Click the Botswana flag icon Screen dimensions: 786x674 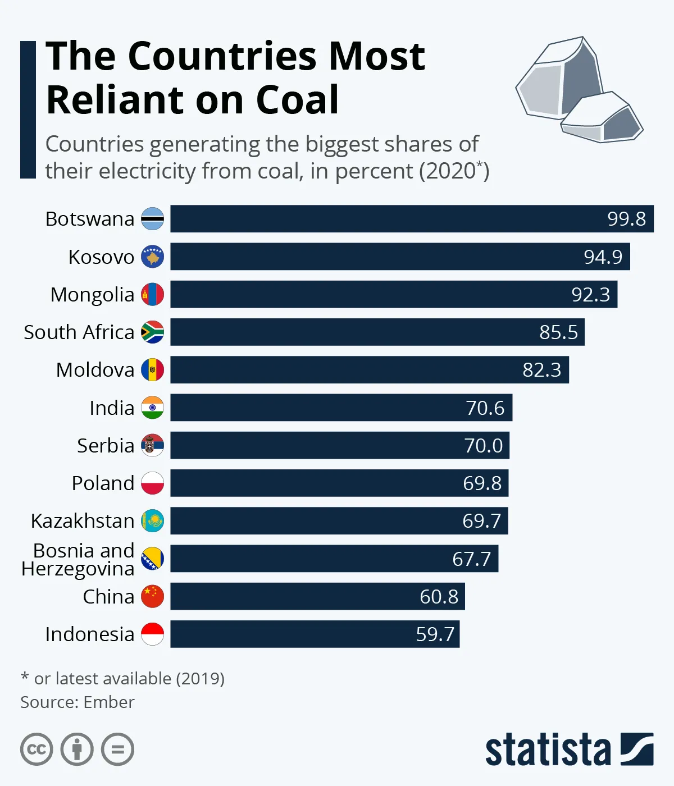point(152,219)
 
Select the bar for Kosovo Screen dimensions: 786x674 point(400,257)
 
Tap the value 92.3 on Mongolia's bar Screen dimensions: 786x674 point(590,295)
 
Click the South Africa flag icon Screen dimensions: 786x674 point(152,332)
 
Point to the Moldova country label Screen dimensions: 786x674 point(95,370)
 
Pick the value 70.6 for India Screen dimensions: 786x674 point(485,408)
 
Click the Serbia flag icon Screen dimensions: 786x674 point(152,446)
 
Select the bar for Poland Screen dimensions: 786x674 point(339,483)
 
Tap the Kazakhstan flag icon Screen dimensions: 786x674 point(152,521)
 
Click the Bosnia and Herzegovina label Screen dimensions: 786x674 point(79,560)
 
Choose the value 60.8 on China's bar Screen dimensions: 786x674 point(439,597)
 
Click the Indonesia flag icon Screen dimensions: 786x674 point(152,634)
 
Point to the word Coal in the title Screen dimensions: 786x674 point(297,100)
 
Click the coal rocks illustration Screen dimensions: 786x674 point(579,90)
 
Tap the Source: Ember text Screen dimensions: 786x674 point(78,702)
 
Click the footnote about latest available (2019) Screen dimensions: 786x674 point(122,679)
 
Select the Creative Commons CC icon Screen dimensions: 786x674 point(37,750)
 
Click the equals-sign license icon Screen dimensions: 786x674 point(117,750)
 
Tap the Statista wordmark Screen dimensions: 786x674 point(548,750)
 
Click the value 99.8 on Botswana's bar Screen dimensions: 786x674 point(626,219)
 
